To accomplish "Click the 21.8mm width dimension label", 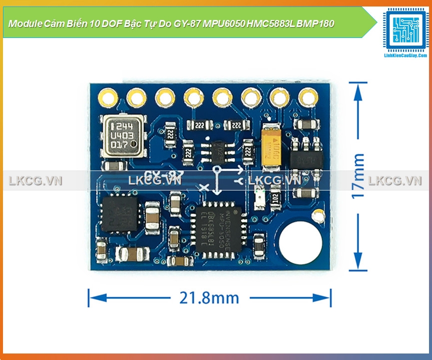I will pyautogui.click(x=209, y=298).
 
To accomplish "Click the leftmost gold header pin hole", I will pyautogui.click(x=107, y=96).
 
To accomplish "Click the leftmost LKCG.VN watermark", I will pyautogui.click(x=35, y=180).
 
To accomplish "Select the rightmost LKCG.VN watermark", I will pyautogui.click(x=395, y=180).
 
